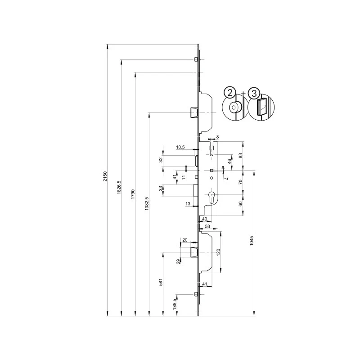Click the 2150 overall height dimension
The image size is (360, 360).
tap(105, 176)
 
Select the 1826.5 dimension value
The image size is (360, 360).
tap(119, 187)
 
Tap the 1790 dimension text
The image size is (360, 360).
tap(133, 194)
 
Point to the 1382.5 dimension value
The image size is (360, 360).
tap(147, 204)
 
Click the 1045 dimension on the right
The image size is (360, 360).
tap(252, 241)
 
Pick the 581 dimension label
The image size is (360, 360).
tap(161, 282)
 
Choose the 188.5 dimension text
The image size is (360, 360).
tap(175, 304)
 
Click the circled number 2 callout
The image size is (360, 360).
tap(230, 93)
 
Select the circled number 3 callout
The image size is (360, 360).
tap(254, 94)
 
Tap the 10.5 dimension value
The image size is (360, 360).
tap(180, 147)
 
